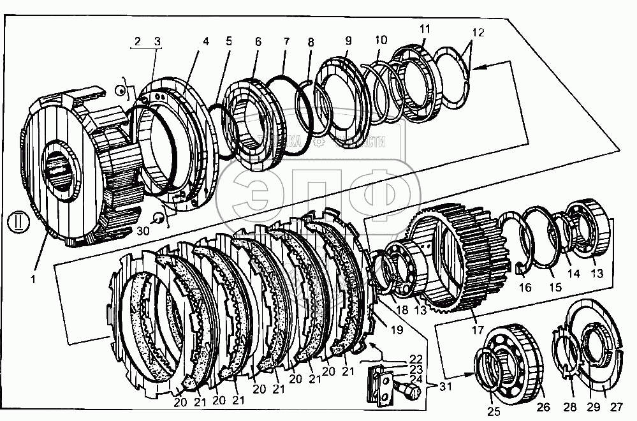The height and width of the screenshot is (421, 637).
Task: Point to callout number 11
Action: [425, 29]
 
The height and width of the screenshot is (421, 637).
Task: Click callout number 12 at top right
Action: [478, 33]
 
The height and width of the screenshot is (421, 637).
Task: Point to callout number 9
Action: [348, 40]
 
